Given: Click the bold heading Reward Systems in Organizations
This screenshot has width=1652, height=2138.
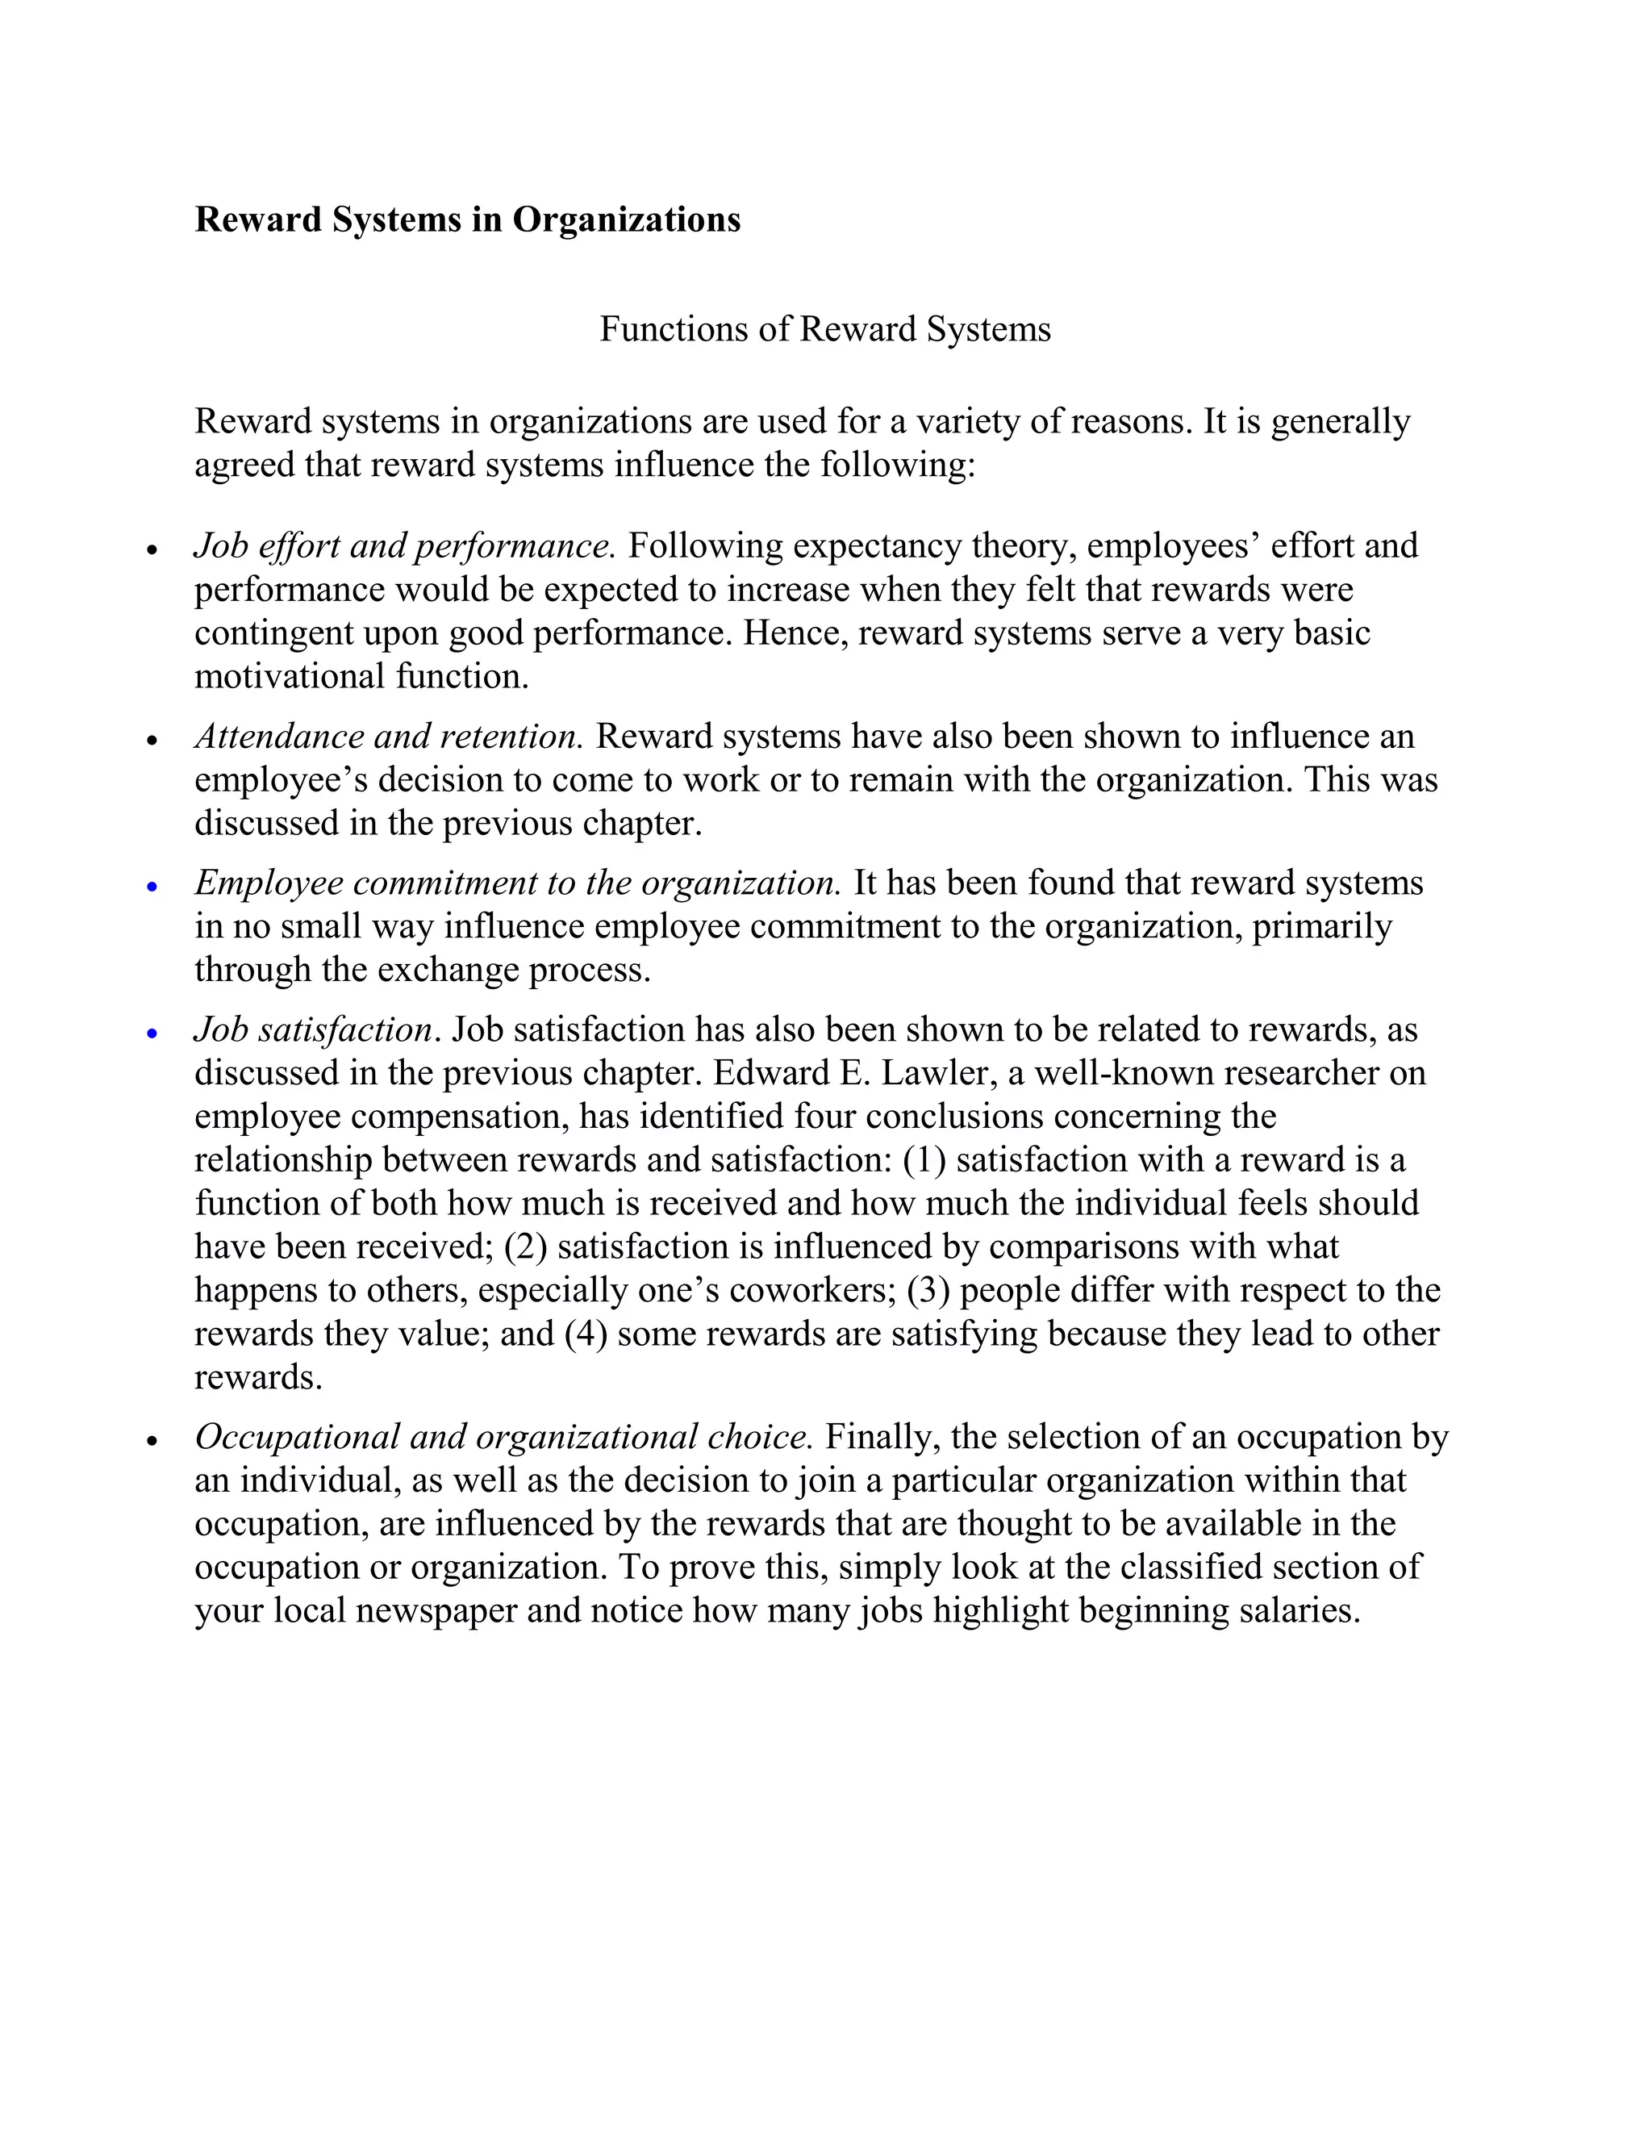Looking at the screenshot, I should (467, 219).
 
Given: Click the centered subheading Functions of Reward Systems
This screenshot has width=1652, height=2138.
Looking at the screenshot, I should (824, 329).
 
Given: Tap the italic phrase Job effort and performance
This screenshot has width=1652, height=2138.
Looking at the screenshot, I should (404, 545).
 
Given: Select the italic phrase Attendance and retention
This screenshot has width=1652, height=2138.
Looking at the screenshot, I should (389, 736).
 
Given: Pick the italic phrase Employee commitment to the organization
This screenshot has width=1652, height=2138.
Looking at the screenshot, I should (518, 883).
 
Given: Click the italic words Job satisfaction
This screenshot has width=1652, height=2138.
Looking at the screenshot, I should (313, 1029).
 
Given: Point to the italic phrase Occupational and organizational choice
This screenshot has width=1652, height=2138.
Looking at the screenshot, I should (503, 1437).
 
